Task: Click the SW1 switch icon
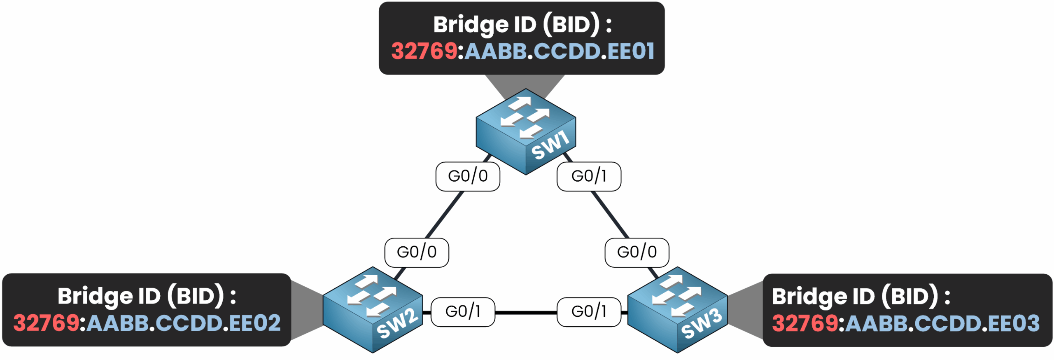[x=525, y=131]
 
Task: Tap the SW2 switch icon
[x=373, y=310]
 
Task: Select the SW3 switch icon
[x=677, y=310]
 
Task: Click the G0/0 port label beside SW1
[x=468, y=176]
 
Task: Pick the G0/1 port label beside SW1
[x=589, y=176]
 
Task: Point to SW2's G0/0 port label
[x=417, y=252]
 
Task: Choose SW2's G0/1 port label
[x=463, y=312]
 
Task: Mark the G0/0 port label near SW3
[x=637, y=252]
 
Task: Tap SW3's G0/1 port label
[x=589, y=312]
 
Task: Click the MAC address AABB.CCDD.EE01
[x=559, y=51]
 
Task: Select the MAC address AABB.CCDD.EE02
[x=184, y=323]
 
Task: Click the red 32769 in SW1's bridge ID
[x=424, y=51]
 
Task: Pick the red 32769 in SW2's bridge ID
[x=46, y=323]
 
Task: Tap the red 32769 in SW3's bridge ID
[x=805, y=323]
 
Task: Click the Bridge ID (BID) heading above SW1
[x=522, y=25]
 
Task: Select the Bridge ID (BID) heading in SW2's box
[x=147, y=296]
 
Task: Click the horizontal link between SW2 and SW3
[x=526, y=313]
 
